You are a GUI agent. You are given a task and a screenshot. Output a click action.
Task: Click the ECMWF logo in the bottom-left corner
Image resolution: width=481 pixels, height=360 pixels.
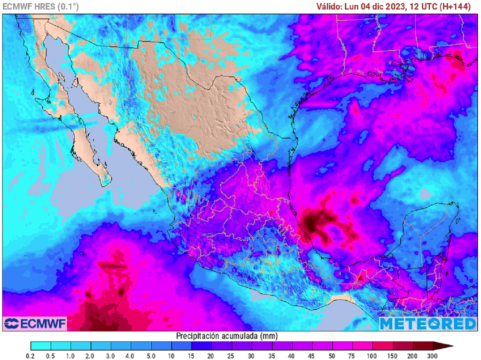(x=35, y=323)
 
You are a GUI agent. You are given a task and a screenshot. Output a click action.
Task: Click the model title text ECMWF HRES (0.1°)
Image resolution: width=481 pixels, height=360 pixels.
(x=41, y=7)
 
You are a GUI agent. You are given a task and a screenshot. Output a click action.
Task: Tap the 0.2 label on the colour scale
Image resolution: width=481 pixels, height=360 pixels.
(x=31, y=355)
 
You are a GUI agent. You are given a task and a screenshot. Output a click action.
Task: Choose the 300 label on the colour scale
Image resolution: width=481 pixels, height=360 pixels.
(x=433, y=355)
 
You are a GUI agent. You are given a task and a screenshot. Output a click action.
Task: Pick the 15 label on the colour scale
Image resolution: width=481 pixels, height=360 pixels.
(x=192, y=355)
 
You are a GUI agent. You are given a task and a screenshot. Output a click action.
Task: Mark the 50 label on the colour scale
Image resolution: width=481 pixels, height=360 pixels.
(x=332, y=355)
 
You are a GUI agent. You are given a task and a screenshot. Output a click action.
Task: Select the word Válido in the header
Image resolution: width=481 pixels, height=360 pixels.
(x=329, y=7)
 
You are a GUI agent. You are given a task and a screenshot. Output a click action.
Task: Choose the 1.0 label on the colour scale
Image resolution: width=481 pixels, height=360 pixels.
(x=71, y=355)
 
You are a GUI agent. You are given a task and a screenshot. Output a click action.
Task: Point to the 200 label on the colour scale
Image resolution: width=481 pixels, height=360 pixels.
(x=413, y=355)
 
